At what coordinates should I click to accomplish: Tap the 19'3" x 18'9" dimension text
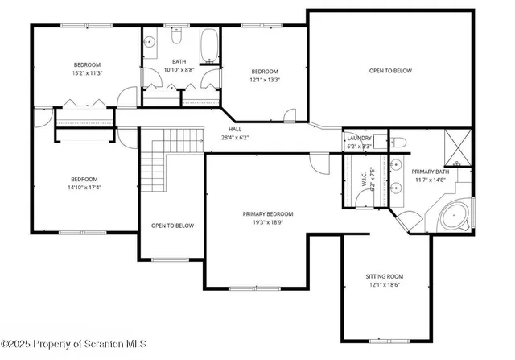(268, 222)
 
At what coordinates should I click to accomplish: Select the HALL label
(234, 129)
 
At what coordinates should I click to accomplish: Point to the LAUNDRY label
(359, 139)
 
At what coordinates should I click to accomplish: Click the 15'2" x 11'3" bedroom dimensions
(88, 73)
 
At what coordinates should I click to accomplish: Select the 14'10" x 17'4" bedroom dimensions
(84, 188)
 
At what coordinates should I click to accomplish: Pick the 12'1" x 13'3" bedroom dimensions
(264, 80)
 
